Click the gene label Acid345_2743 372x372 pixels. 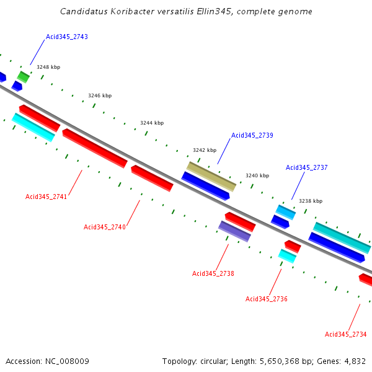pos(67,37)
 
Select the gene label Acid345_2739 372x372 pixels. pos(252,135)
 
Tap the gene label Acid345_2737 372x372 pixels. pos(306,167)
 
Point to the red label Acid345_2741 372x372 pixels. pos(46,197)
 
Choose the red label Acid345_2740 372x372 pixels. pos(105,227)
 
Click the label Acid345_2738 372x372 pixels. pos(213,273)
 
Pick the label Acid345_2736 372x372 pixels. pos(267,299)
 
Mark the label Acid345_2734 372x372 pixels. pos(346,334)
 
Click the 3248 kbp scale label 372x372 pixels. pos(48,67)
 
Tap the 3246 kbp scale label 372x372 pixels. pos(100,95)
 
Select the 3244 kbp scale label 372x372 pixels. pos(152,123)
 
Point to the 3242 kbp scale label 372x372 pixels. pos(205,150)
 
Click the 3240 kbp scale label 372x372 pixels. pos(257,175)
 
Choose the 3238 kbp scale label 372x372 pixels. pos(311,201)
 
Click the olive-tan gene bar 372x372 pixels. pos(211,176)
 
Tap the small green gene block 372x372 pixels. pos(23,76)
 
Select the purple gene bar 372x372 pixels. pos(234,231)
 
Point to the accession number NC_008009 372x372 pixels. pos(68,361)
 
